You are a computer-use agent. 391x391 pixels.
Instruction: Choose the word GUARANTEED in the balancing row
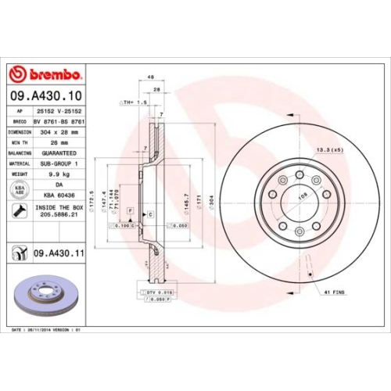tap(58, 155)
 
